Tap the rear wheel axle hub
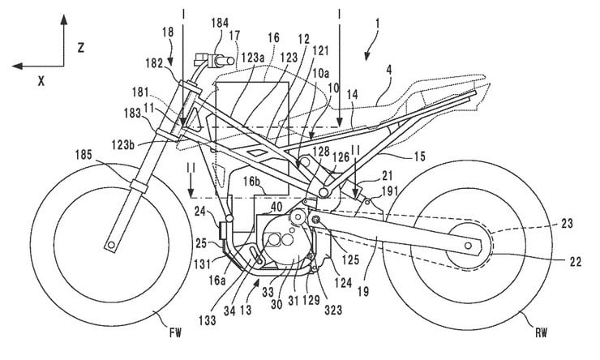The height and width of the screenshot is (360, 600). tap(468, 243)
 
